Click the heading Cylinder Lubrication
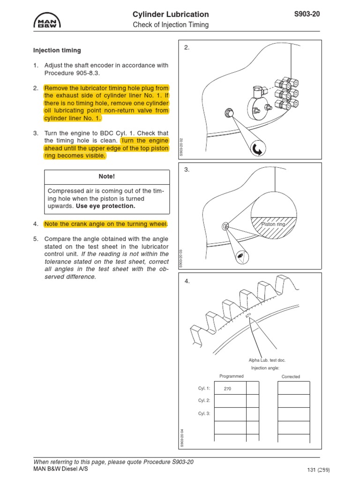[171, 14]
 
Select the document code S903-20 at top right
[307, 14]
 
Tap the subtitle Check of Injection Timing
[171, 25]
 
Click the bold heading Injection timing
[57, 50]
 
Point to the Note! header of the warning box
[106, 176]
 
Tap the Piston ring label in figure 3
[273, 225]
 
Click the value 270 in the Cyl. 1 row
[227, 389]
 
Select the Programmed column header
[232, 376]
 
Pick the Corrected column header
[291, 376]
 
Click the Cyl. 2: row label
[204, 401]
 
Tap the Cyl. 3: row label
[204, 413]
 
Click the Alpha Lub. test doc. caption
[267, 360]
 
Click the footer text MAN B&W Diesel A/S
[60, 469]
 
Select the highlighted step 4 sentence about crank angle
[105, 224]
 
